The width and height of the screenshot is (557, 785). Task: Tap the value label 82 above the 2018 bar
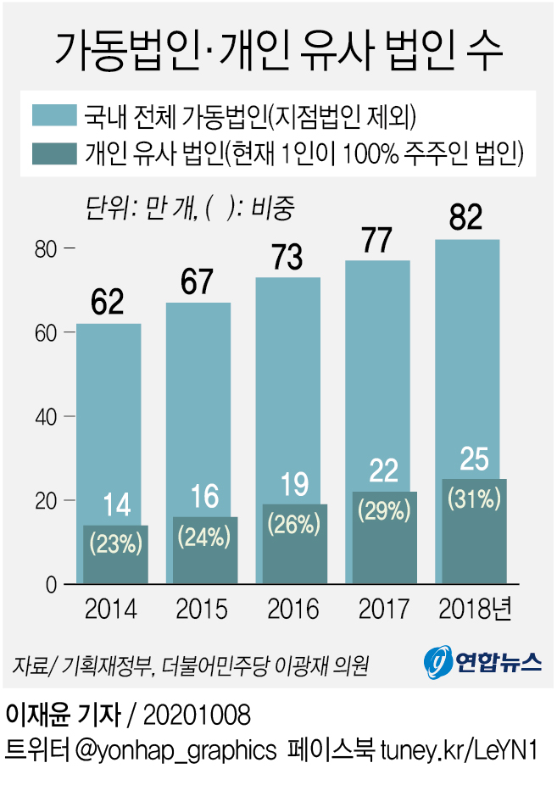(466, 218)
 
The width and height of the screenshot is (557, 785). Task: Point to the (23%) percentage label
(115, 543)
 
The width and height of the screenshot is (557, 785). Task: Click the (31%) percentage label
(473, 498)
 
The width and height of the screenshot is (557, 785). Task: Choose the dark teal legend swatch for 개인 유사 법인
(55, 153)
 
